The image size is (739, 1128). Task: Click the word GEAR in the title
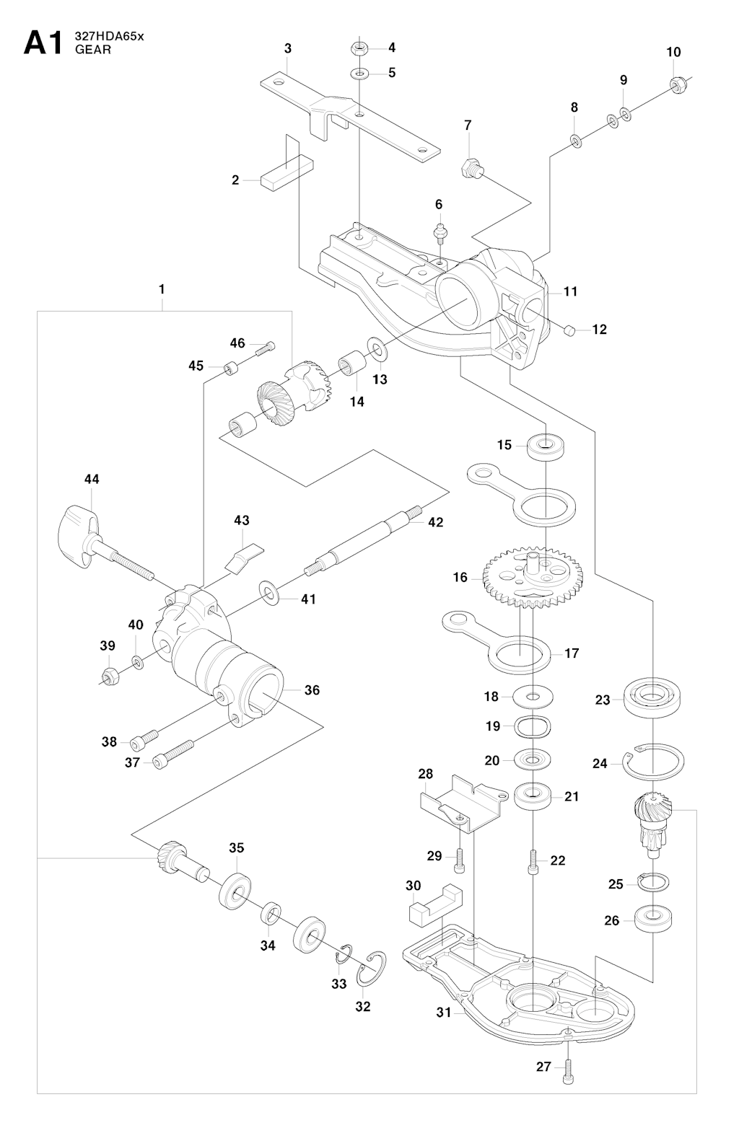click(89, 50)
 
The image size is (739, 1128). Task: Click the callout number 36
click(311, 690)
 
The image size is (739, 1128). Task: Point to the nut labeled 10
click(677, 85)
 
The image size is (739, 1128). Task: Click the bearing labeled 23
click(654, 696)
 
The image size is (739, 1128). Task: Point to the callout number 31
click(443, 1013)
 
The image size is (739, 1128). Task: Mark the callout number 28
click(425, 774)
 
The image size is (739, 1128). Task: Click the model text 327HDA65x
click(109, 37)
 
